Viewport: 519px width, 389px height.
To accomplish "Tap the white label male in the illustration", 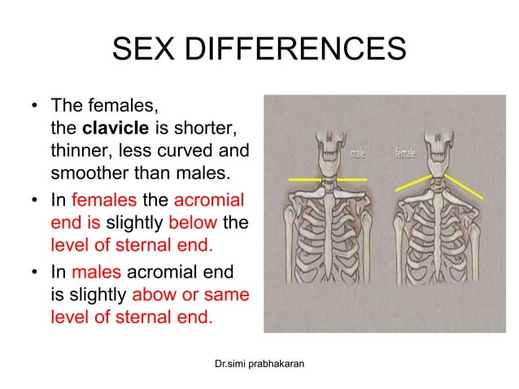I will (x=358, y=152).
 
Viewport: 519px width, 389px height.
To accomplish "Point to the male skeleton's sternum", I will (x=325, y=224).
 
